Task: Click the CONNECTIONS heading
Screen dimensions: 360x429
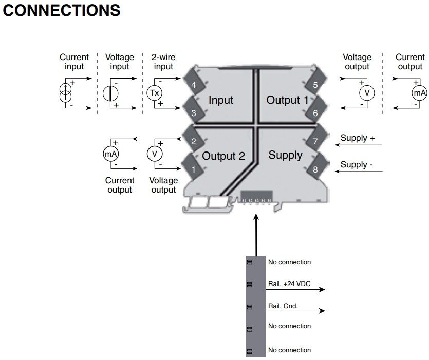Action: (x=62, y=10)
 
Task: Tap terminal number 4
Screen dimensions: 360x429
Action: (x=193, y=85)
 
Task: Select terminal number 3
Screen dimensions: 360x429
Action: (x=193, y=113)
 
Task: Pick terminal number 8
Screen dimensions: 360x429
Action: (x=315, y=169)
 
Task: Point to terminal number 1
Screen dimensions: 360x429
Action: (x=193, y=169)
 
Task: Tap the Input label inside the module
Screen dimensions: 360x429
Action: (x=221, y=100)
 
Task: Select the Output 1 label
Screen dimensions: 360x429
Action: (x=287, y=100)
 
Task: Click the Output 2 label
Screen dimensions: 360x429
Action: (x=223, y=156)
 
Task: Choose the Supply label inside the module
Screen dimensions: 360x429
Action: (x=285, y=155)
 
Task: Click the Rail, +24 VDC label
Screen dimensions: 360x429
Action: (x=289, y=283)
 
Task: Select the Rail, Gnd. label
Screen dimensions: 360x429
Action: (x=283, y=306)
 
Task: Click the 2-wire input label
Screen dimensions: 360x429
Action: (x=163, y=62)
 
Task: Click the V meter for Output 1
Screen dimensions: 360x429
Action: (x=367, y=93)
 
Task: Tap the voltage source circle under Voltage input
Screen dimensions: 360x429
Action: (x=110, y=93)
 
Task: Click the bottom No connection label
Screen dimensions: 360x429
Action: (x=289, y=350)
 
